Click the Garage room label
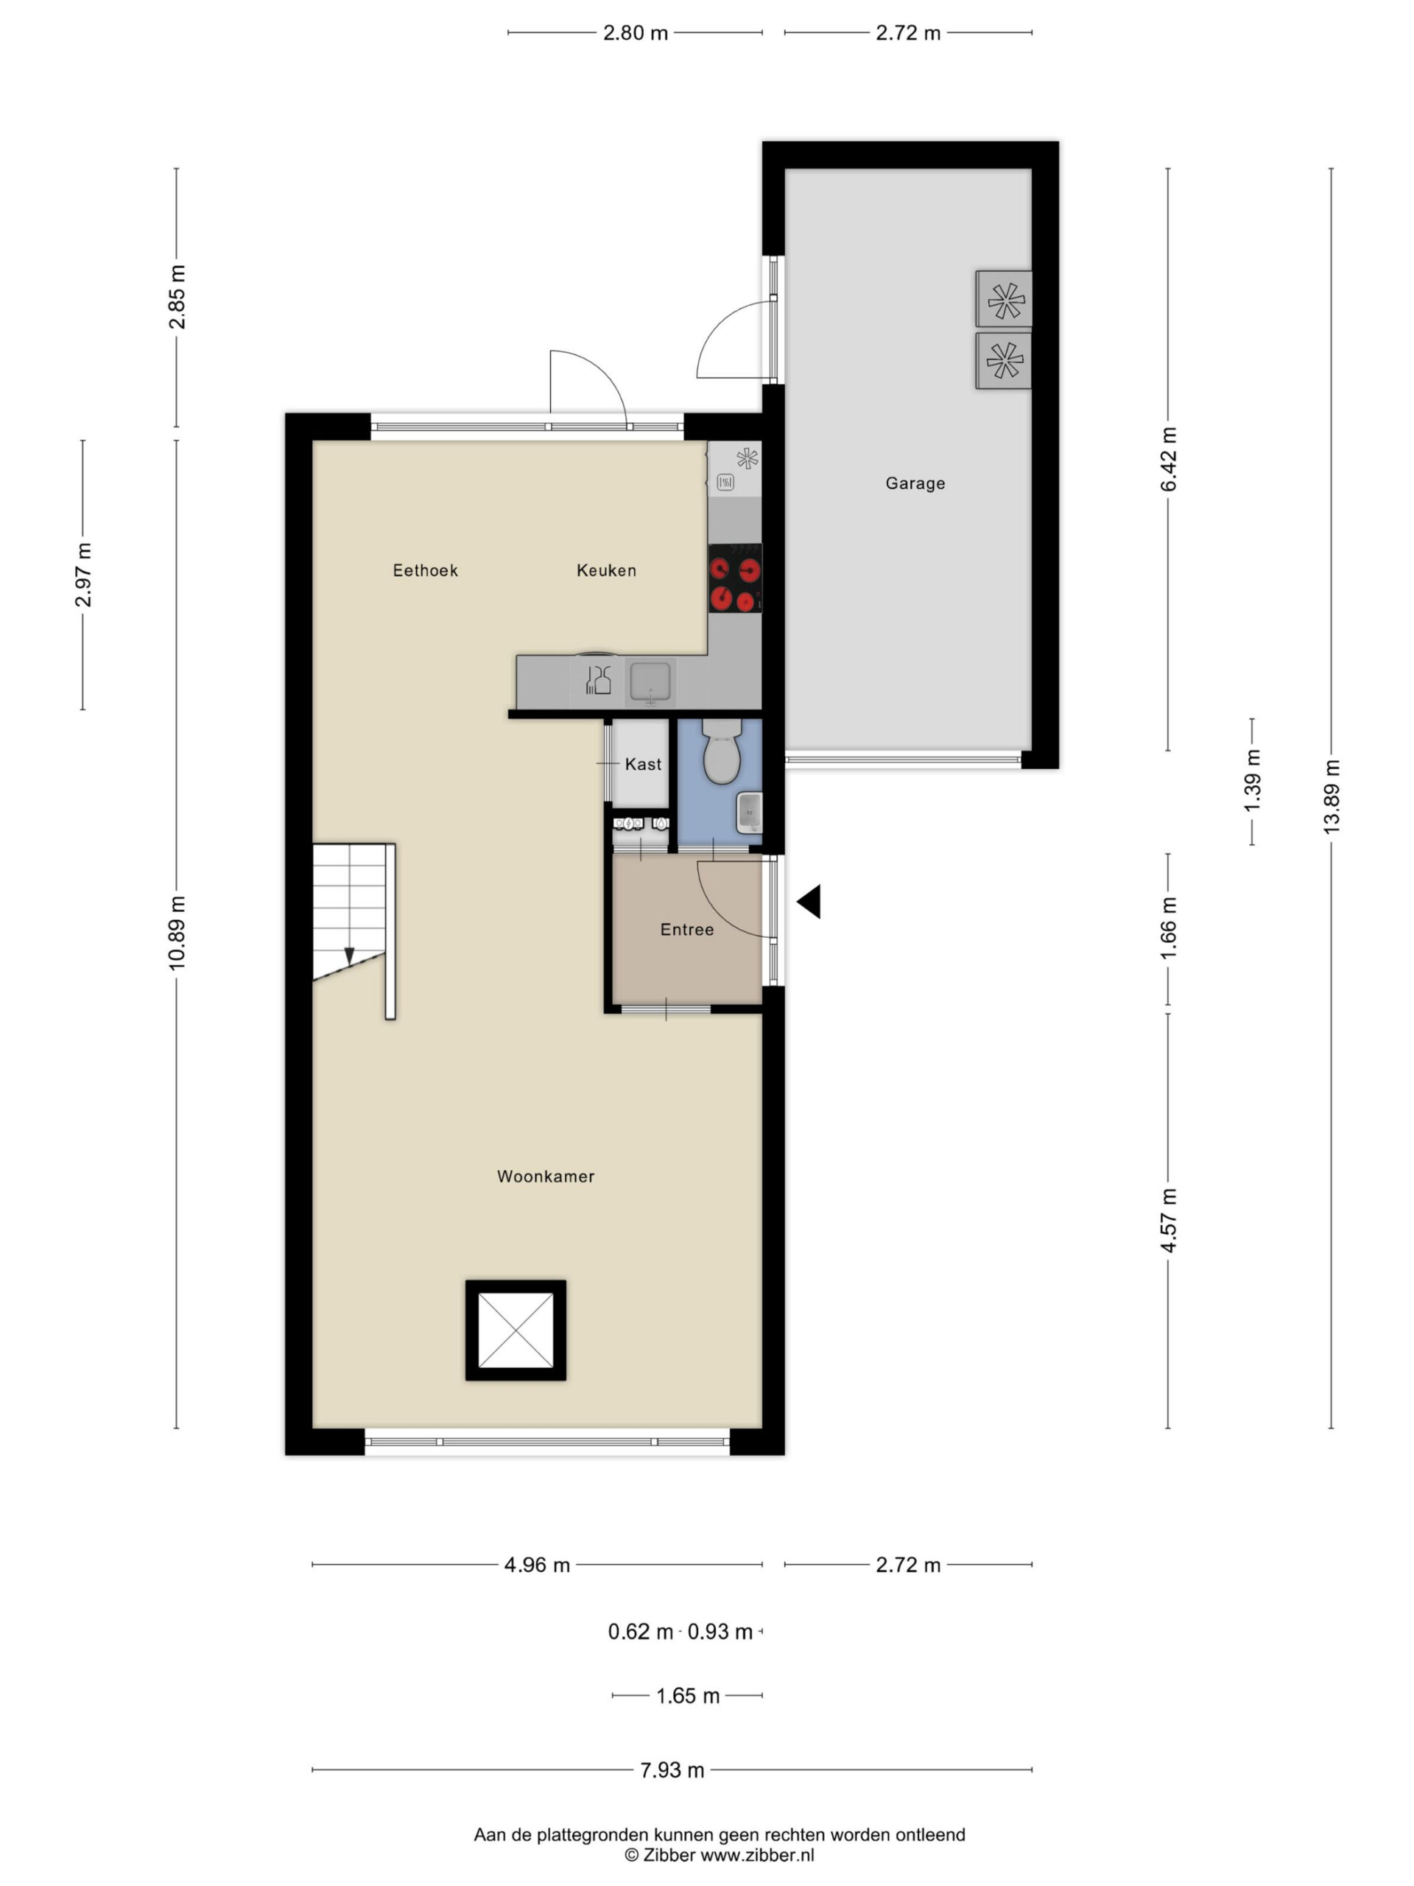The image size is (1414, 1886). [x=915, y=483]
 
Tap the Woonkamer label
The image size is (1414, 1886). [x=546, y=1177]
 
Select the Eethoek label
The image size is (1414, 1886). [x=426, y=570]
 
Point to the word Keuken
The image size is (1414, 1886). [x=606, y=570]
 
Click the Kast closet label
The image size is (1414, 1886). [x=643, y=764]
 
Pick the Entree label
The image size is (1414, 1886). [x=687, y=929]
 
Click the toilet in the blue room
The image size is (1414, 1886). [x=722, y=750]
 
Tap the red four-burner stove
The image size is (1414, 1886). [x=735, y=578]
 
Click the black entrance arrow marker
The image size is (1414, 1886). [x=809, y=901]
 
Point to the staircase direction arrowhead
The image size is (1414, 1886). [x=348, y=956]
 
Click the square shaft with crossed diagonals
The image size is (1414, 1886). [x=516, y=1330]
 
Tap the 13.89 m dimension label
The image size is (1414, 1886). [x=1332, y=796]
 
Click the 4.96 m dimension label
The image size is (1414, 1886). [x=537, y=1565]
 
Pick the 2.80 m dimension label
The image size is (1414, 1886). [x=635, y=32]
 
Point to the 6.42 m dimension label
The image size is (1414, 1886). [x=1168, y=460]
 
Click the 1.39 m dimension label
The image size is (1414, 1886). [x=1251, y=781]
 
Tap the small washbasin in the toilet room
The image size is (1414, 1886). [x=749, y=813]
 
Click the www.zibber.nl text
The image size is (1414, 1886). [x=757, y=1854]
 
